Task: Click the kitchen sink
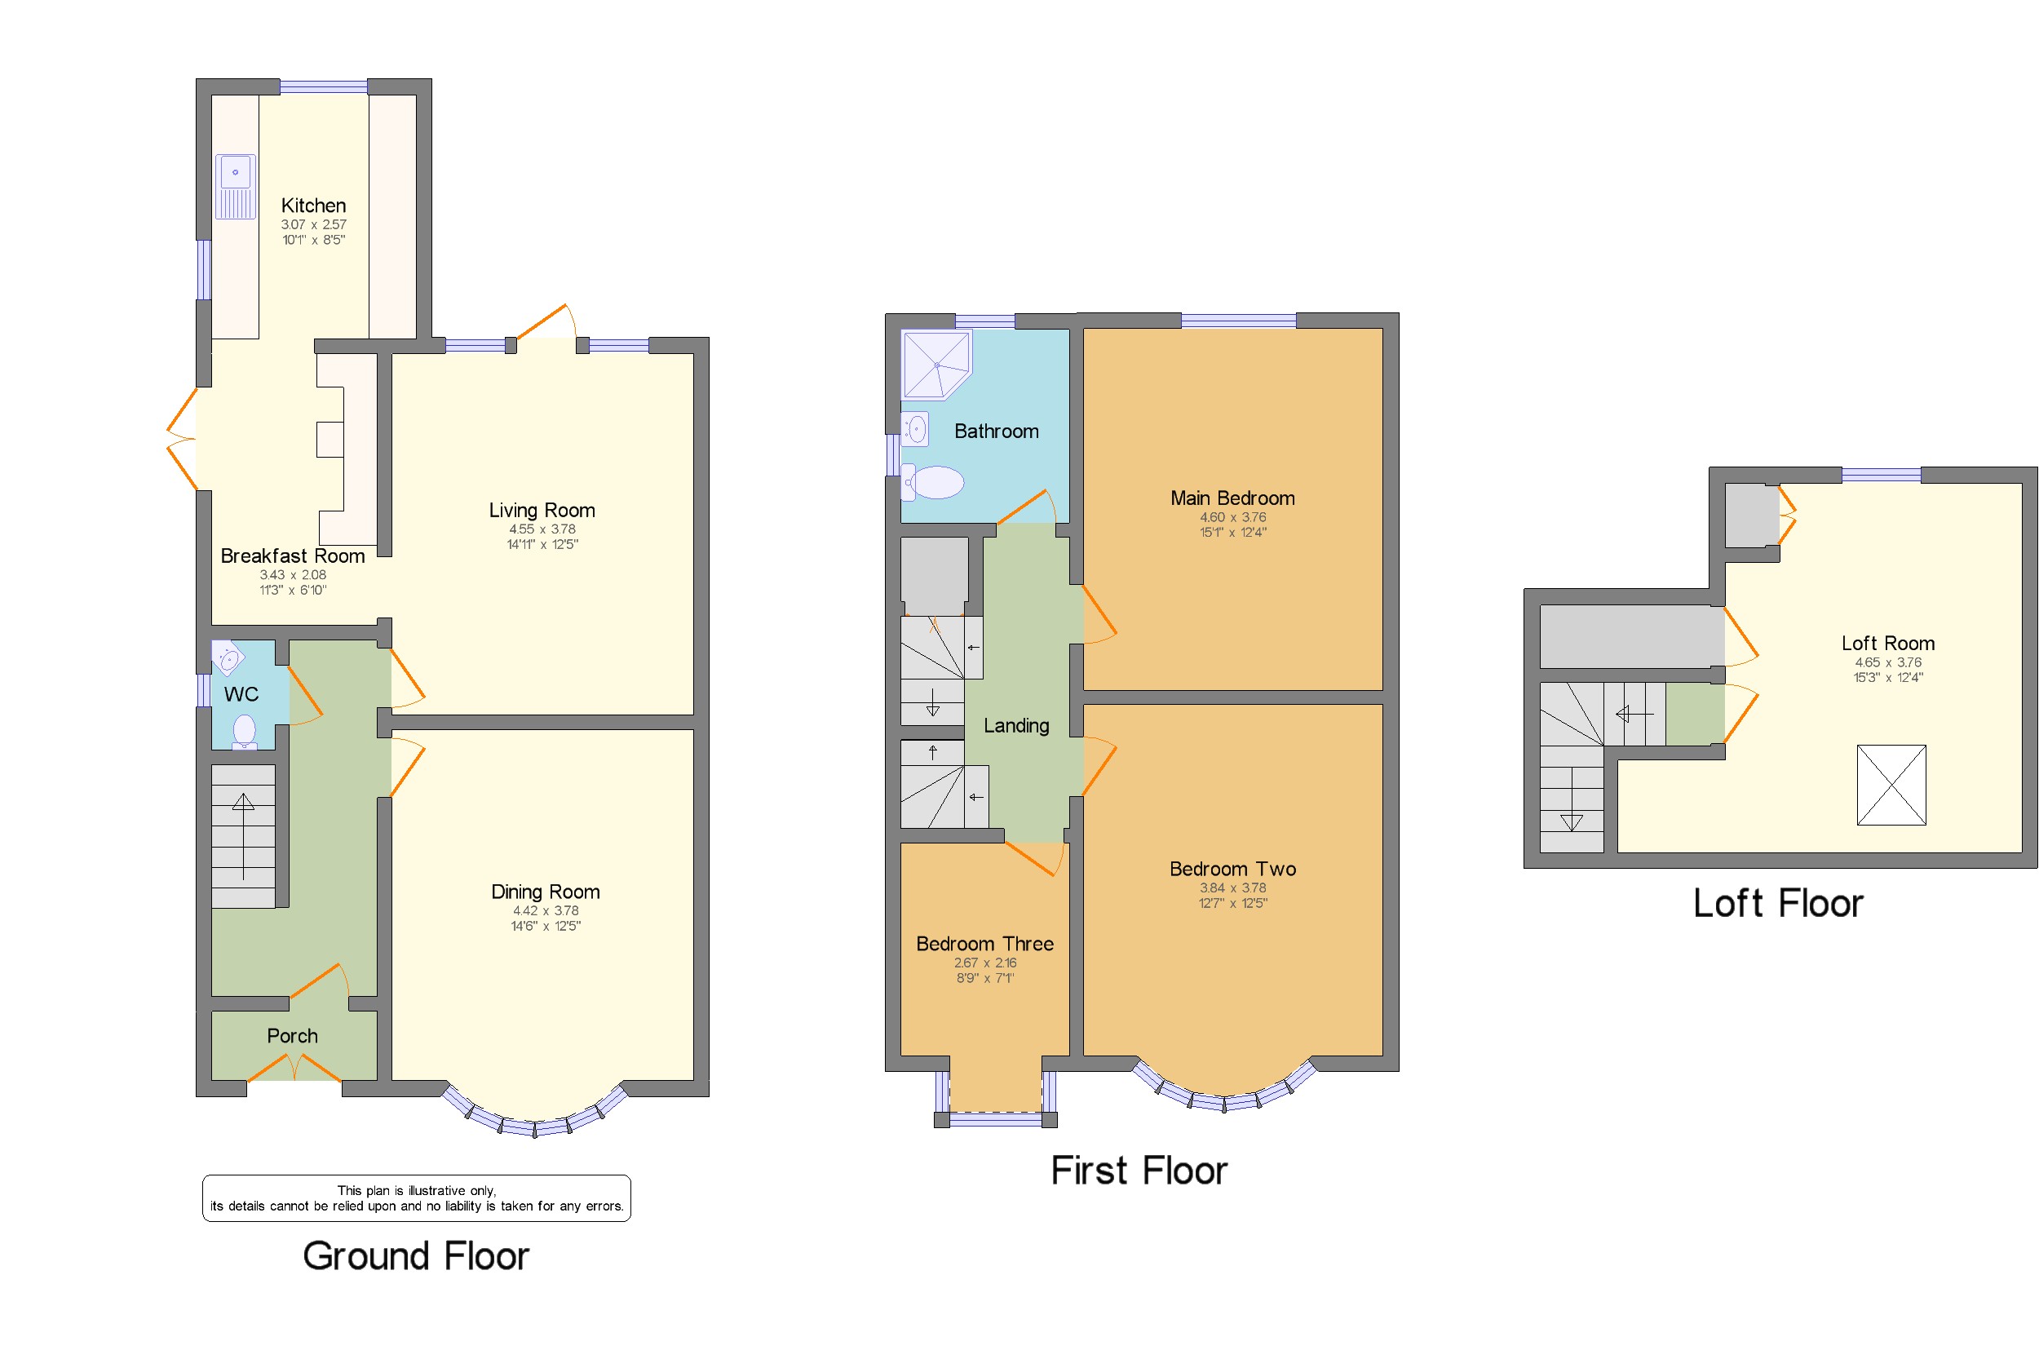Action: pos(235,185)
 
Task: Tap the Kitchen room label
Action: pos(313,206)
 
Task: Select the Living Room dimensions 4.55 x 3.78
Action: pos(542,529)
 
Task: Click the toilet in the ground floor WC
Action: pos(245,731)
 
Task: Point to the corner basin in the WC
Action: pos(227,657)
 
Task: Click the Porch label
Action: pos(292,1036)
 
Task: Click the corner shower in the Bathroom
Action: pos(935,365)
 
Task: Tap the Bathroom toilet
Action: pos(934,483)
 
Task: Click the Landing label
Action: pos(1015,725)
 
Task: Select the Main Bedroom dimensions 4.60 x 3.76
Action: pos(1232,516)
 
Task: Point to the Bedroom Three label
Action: pos(984,944)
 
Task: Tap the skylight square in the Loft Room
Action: pos(1890,785)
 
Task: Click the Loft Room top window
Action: pos(1881,474)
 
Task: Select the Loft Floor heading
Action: pos(1777,903)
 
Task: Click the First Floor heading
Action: pos(1139,1170)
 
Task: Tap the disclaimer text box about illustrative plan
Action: pos(416,1197)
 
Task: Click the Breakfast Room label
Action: pos(292,556)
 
